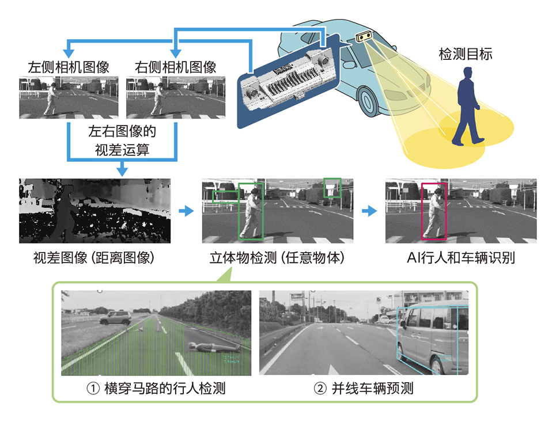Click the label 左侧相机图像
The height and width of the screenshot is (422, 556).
tap(69, 67)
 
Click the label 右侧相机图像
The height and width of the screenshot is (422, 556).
tap(176, 67)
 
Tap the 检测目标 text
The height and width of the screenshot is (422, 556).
tap(466, 54)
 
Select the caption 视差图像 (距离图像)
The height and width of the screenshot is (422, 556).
tap(94, 257)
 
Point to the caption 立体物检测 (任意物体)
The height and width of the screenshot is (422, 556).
tap(277, 257)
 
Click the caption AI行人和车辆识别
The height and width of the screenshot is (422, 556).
tap(461, 257)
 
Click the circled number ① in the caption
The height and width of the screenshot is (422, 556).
tap(93, 389)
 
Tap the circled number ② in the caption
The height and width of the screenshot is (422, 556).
tap(320, 389)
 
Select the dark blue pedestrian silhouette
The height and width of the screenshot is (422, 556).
tap(467, 107)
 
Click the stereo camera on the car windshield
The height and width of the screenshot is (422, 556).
tap(364, 36)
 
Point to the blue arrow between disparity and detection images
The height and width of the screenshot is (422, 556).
tap(186, 211)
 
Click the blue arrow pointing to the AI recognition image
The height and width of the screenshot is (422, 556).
tap(369, 211)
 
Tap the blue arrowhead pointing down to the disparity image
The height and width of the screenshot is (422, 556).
tap(122, 170)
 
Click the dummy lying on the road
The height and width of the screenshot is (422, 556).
tap(213, 347)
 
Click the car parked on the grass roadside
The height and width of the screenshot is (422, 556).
tap(116, 318)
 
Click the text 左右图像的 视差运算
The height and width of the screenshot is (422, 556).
tap(122, 140)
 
